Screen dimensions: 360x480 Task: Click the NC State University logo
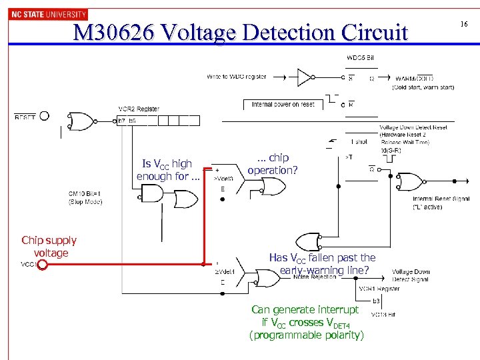pyautogui.click(x=48, y=14)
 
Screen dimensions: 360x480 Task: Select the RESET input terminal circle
pyautogui.click(x=44, y=116)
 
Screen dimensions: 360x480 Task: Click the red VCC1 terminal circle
pyautogui.click(x=41, y=265)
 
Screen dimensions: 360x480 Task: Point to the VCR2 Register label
pyautogui.click(x=139, y=109)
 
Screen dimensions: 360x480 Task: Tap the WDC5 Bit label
pyautogui.click(x=360, y=57)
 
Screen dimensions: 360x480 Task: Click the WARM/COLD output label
pyautogui.click(x=414, y=78)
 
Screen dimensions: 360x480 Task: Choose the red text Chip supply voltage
pyautogui.click(x=49, y=246)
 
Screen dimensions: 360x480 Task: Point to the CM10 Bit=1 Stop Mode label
pyautogui.click(x=85, y=198)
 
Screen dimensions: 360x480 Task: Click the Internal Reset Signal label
pyautogui.click(x=435, y=199)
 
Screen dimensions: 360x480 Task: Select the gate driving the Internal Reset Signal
pyautogui.click(x=408, y=182)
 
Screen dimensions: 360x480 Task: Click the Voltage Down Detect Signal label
pyautogui.click(x=411, y=275)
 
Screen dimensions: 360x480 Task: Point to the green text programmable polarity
pyautogui.click(x=306, y=335)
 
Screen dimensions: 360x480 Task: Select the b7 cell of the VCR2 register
pyautogui.click(x=121, y=121)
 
